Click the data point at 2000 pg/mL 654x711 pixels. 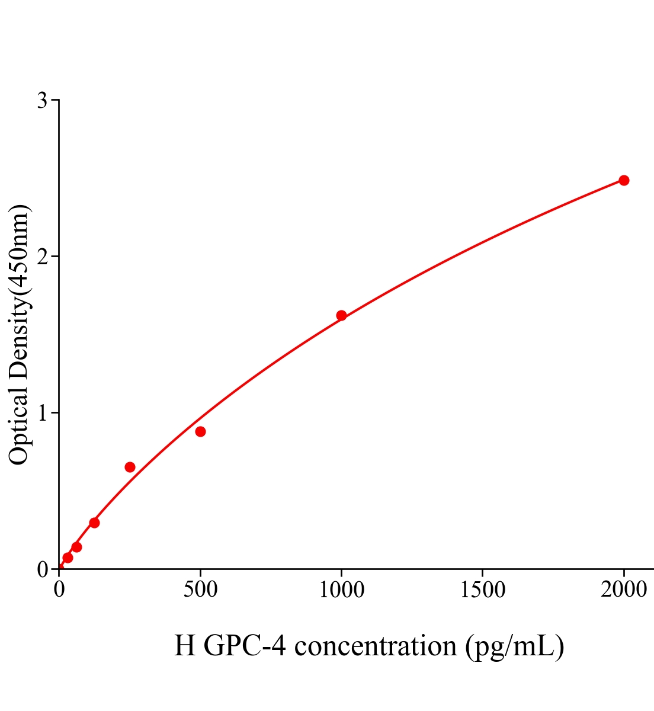[623, 180]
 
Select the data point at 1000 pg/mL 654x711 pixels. [341, 315]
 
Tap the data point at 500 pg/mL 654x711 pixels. [200, 431]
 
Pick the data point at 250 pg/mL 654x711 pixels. [130, 467]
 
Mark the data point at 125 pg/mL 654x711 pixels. [94, 523]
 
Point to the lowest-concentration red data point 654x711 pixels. [68, 558]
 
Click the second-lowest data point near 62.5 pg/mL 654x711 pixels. [76, 547]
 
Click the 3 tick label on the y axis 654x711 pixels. [42, 101]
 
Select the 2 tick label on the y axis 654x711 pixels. [42, 257]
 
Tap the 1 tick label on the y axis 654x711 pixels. [42, 413]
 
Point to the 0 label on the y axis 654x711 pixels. [42, 569]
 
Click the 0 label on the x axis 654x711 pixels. [59, 590]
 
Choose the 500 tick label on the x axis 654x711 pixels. [200, 590]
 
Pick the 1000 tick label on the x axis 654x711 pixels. [341, 590]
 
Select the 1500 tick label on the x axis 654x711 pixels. [482, 590]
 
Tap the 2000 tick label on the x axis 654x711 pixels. [623, 590]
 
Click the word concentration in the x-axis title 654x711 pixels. [376, 646]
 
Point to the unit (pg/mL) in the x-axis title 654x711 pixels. [514, 646]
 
